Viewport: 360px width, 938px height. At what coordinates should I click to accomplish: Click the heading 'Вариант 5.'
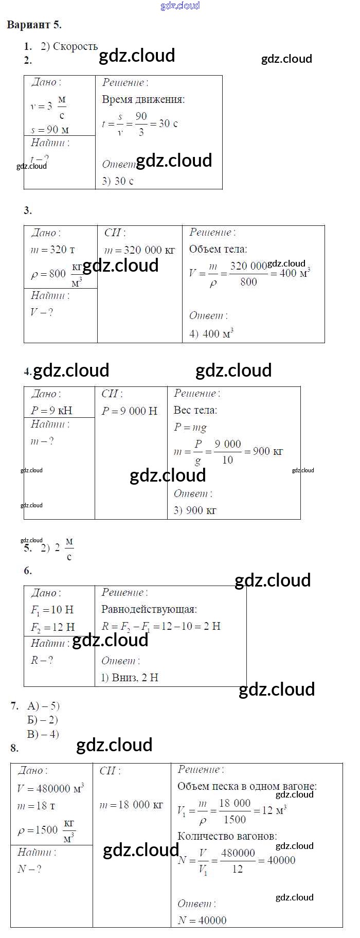pyautogui.click(x=34, y=25)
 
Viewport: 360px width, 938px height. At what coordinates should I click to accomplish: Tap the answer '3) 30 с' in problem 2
pyautogui.click(x=118, y=181)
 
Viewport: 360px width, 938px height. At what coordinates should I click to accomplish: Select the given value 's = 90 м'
pyautogui.click(x=49, y=130)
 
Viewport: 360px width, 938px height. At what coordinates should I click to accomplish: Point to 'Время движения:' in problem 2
pyautogui.click(x=143, y=100)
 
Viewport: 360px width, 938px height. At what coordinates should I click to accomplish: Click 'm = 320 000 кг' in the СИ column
pyautogui.click(x=139, y=251)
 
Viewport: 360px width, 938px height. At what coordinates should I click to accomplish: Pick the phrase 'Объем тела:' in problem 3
pyautogui.click(x=218, y=250)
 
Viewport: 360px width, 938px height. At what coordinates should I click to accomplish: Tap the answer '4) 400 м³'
pyautogui.click(x=211, y=333)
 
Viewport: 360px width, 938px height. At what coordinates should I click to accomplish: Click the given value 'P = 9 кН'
pyautogui.click(x=51, y=411)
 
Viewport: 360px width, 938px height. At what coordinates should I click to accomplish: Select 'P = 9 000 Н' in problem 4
pyautogui.click(x=130, y=411)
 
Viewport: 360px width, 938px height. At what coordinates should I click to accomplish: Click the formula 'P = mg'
pyautogui.click(x=190, y=428)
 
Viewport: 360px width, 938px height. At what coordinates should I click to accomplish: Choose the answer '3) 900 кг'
pyautogui.click(x=195, y=510)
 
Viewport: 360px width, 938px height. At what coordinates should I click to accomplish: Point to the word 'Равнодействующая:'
pyautogui.click(x=149, y=610)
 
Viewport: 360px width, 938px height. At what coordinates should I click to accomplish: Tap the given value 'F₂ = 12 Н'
pyautogui.click(x=52, y=627)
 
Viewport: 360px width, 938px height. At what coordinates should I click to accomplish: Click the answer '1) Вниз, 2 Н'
pyautogui.click(x=130, y=678)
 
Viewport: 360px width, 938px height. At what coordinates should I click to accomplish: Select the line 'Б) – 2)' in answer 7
pyautogui.click(x=43, y=720)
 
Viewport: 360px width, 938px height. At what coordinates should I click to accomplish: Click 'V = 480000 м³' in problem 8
pyautogui.click(x=50, y=788)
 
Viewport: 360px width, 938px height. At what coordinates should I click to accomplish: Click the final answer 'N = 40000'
pyautogui.click(x=202, y=920)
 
